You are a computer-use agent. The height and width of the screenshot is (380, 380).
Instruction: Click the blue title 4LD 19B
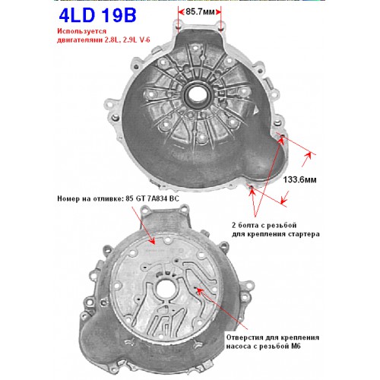pyautogui.click(x=97, y=15)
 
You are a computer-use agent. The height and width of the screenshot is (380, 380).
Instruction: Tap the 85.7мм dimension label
pyautogui.click(x=200, y=12)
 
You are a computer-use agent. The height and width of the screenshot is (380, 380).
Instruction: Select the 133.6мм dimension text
pyautogui.click(x=299, y=179)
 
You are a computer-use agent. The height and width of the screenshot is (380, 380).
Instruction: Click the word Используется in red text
pyautogui.click(x=81, y=31)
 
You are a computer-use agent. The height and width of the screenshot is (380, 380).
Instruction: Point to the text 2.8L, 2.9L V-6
pyautogui.click(x=127, y=40)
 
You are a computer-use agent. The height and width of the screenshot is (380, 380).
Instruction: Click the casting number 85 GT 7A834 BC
pyautogui.click(x=152, y=198)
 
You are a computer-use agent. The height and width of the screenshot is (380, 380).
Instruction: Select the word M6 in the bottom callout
pyautogui.click(x=296, y=346)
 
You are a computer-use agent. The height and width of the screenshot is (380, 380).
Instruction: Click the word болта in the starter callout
pyautogui.click(x=247, y=225)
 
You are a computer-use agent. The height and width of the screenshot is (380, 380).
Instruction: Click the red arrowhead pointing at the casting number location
pyautogui.click(x=152, y=241)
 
